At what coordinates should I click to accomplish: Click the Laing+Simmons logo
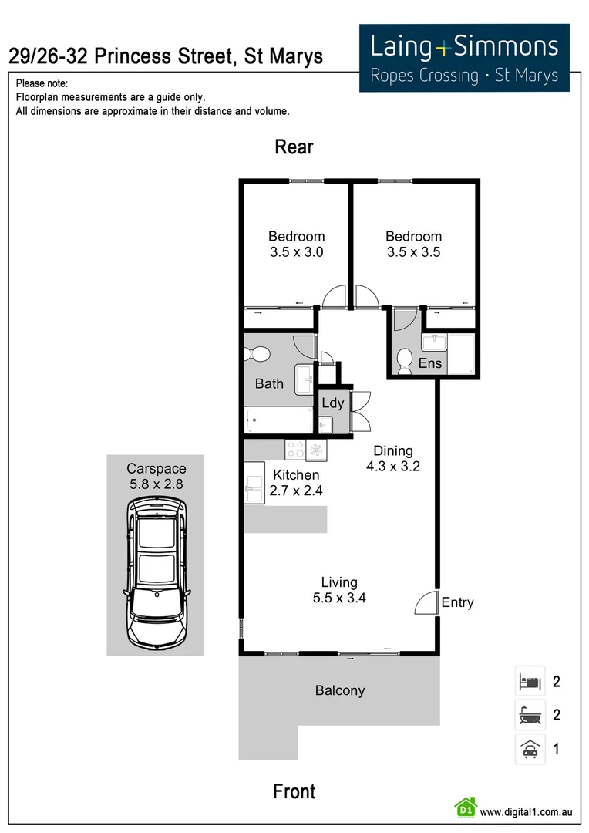point(464,58)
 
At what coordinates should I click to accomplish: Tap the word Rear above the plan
point(294,147)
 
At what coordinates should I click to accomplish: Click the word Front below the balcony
point(294,791)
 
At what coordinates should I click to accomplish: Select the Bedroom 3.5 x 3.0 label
point(296,244)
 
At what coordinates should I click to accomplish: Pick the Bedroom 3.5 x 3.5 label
point(413,244)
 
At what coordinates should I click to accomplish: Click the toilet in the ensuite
point(404,360)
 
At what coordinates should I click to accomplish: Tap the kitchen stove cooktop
point(295,449)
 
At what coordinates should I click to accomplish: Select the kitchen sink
point(254,483)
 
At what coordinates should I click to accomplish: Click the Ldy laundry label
point(332,403)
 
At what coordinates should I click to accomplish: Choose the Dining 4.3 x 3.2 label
point(393,458)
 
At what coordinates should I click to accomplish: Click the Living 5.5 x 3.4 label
point(339,589)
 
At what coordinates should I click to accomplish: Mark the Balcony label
point(339,690)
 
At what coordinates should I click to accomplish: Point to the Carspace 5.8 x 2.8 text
point(156,476)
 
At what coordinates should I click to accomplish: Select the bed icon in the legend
point(530,682)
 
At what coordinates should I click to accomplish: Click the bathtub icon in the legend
point(530,715)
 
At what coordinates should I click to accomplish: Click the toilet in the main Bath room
point(257,355)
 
